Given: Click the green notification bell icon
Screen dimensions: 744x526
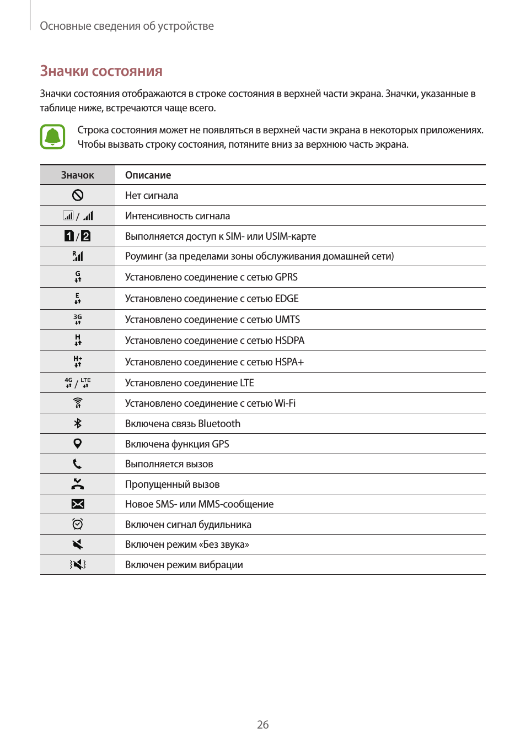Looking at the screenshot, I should point(52,137).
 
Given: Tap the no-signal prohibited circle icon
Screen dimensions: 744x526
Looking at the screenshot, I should point(78,195).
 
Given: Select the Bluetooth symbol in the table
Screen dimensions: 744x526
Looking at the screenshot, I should point(78,423).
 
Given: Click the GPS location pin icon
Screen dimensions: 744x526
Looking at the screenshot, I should point(78,444).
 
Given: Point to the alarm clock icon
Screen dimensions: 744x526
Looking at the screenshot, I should point(78,524).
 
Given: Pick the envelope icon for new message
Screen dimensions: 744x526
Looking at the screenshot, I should point(78,504).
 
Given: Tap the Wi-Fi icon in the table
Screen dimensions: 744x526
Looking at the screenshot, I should point(78,403).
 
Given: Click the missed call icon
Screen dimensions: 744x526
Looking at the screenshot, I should point(78,484).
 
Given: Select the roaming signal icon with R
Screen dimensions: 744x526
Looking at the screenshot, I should point(78,256).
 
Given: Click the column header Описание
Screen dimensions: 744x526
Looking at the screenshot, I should point(148,175).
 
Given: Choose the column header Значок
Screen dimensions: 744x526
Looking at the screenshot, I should point(77,175).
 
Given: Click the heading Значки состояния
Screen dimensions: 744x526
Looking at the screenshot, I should point(101,71).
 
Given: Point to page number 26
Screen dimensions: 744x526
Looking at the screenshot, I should point(263,725).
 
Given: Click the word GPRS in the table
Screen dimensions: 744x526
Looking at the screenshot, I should point(286,277).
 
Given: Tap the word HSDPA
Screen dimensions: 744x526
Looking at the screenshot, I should point(289,341).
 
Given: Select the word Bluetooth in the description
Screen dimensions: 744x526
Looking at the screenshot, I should point(219,424).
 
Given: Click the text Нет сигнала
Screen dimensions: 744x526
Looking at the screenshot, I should point(152,196).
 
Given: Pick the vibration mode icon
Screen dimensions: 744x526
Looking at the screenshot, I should point(78,564).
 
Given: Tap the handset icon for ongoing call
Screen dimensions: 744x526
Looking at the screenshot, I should point(77,464).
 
